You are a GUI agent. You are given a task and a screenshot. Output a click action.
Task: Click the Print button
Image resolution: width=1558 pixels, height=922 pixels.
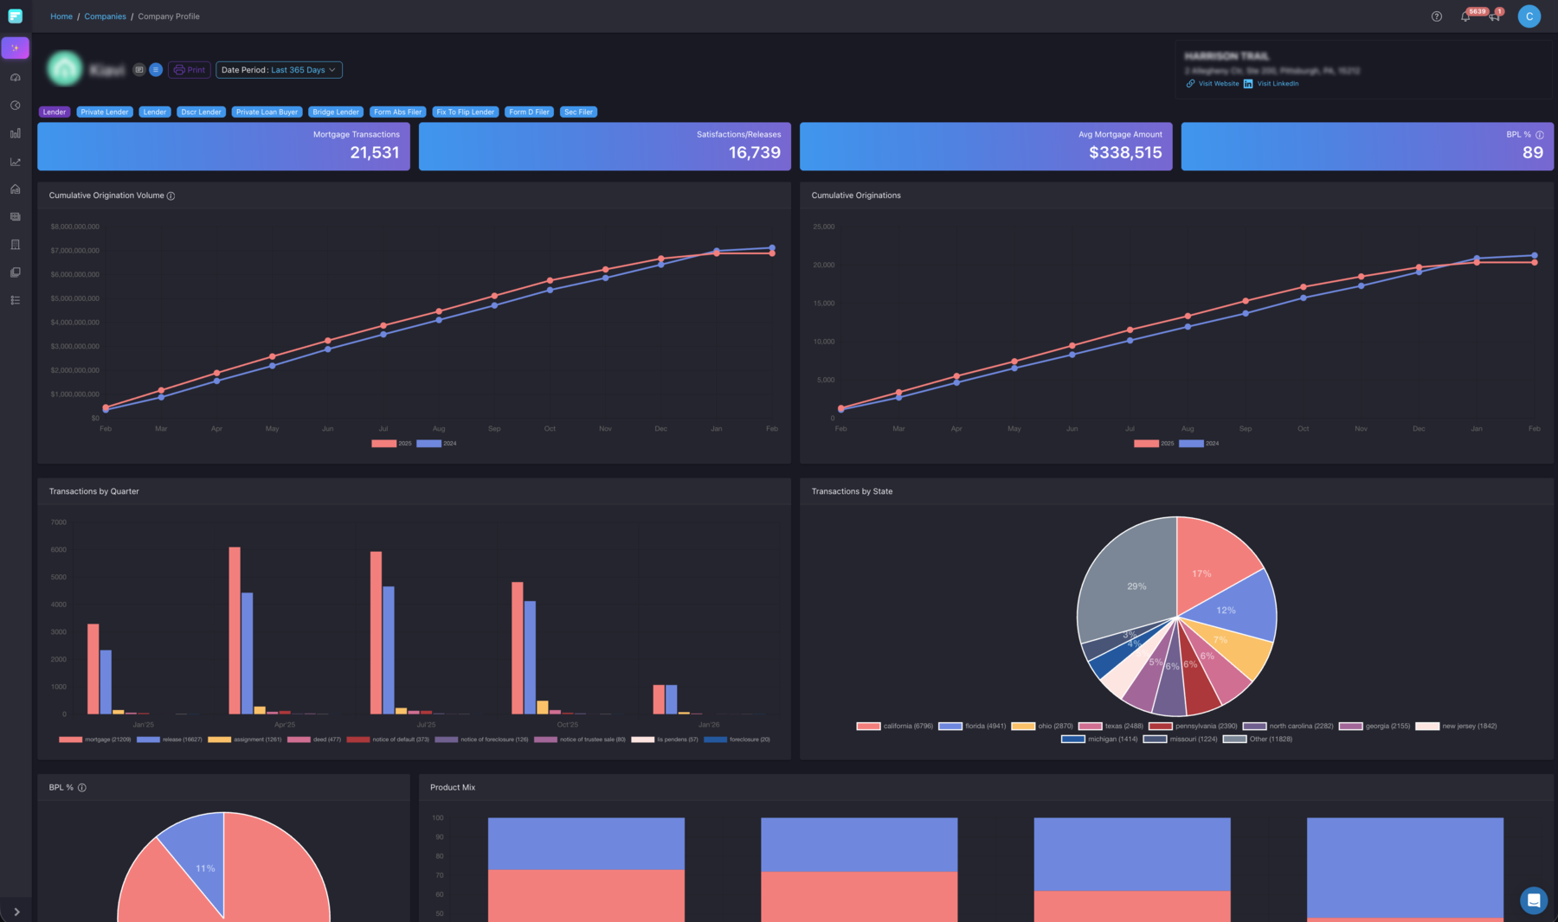[x=190, y=70]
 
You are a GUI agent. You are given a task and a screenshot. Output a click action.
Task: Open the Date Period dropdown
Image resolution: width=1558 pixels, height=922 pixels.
[x=279, y=70]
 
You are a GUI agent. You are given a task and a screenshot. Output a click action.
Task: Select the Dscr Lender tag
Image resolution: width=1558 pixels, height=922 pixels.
[x=201, y=112]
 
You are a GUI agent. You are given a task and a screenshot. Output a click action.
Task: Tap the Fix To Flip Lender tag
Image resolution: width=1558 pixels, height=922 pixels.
[x=465, y=112]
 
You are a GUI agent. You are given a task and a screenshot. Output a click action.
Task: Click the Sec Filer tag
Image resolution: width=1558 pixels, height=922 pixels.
[x=578, y=112]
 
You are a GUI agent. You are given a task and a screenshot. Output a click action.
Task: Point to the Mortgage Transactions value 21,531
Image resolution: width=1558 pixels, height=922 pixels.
[x=374, y=153]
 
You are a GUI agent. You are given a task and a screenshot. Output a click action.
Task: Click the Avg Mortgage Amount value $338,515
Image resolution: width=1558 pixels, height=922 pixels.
[x=1124, y=153]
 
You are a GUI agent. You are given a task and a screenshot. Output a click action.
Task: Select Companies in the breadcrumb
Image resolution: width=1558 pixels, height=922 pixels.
[x=105, y=16]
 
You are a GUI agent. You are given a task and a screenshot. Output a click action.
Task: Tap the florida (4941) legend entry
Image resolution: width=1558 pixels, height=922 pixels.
[x=973, y=727]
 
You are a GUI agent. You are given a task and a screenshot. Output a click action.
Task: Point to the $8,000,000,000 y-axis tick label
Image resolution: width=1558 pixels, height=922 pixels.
[x=75, y=227]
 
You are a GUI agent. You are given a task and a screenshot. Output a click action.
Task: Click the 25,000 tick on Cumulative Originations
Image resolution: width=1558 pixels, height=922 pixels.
[x=823, y=227]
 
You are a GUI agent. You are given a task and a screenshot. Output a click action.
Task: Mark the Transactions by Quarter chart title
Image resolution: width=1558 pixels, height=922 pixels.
[x=93, y=491]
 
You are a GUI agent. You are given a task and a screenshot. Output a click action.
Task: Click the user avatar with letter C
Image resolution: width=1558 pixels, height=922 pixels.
[x=1529, y=16]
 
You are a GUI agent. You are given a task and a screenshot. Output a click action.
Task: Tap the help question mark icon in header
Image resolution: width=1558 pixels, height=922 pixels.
[x=1436, y=16]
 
